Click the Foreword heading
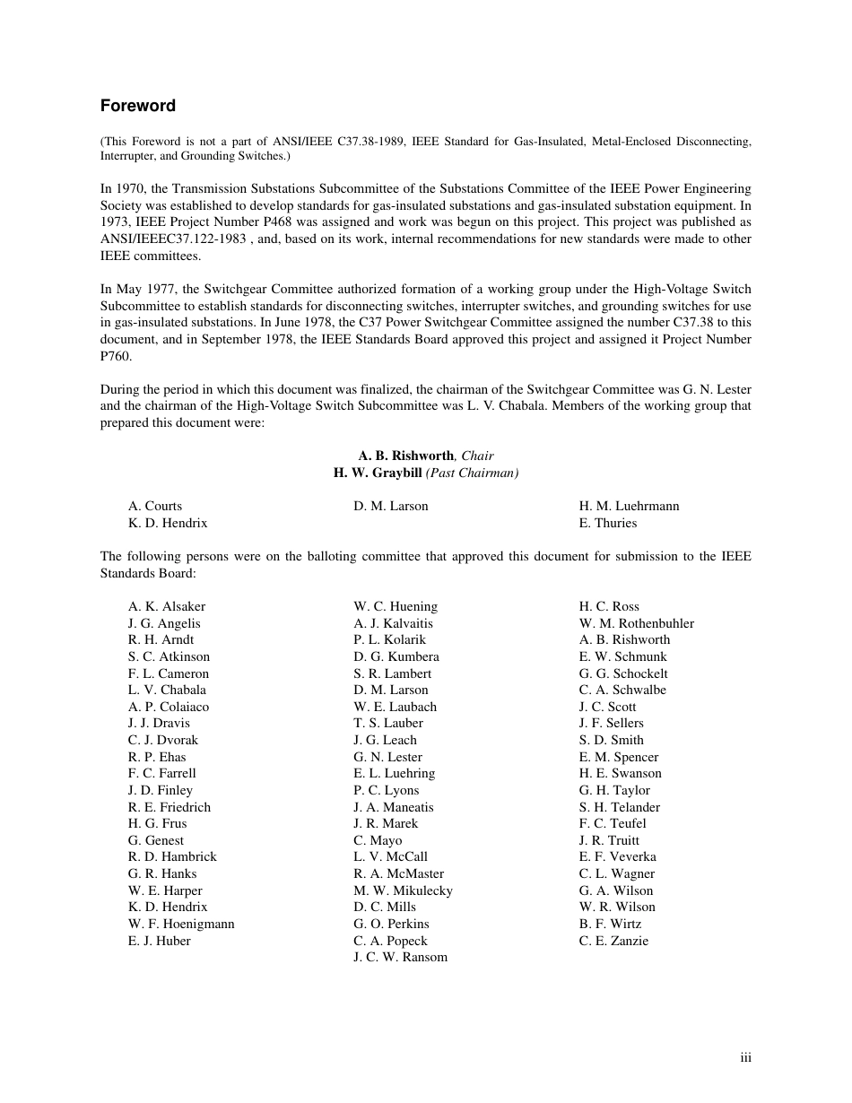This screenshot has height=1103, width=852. pos(137,106)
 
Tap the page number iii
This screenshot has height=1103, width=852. pos(745,1058)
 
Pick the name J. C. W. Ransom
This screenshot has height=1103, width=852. pos(400,957)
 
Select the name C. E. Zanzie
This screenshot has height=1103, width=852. pos(613,941)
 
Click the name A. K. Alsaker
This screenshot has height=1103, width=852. pos(166,606)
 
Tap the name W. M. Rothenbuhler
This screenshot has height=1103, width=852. pos(636,623)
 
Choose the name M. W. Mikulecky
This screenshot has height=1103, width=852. pos(403,890)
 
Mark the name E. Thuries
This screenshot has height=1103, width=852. pos(607,523)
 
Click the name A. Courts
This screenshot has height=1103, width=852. pos(154,506)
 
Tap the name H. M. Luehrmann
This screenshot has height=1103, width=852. pos(629,506)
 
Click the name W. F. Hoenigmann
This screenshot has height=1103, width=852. pos(180,924)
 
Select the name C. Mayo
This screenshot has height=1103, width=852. pos(378,840)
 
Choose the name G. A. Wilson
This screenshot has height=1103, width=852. pos(615,890)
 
